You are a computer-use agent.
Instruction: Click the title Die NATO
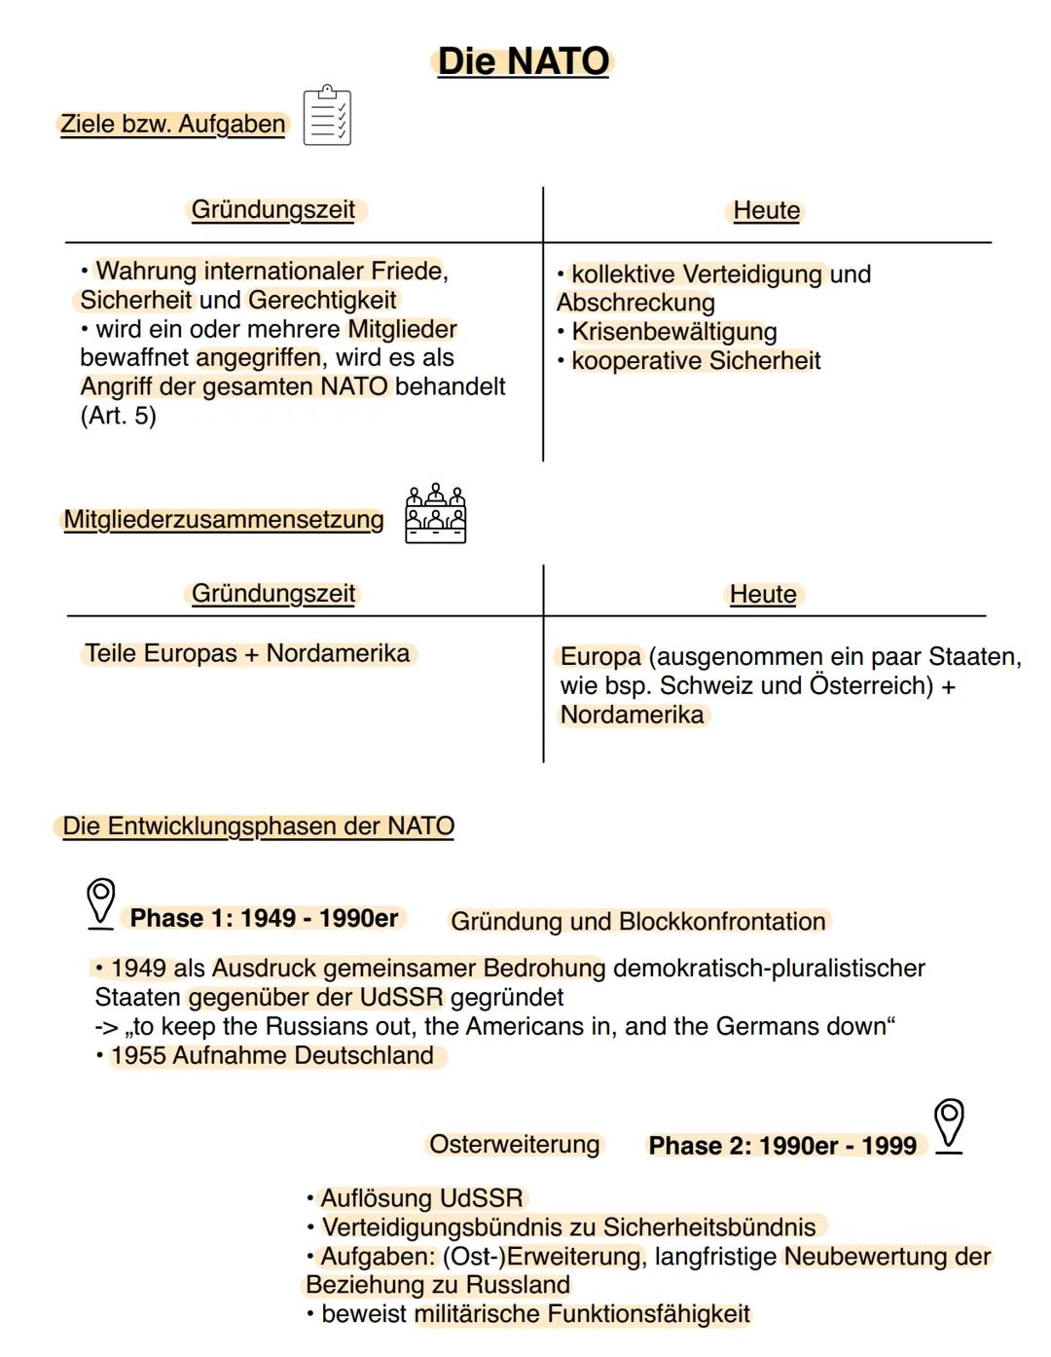pos(523,61)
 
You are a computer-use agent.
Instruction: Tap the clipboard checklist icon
pos(327,116)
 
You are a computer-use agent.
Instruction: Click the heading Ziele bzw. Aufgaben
pos(173,125)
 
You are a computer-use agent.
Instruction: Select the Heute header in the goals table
pos(766,210)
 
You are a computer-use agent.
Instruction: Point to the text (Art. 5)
pos(118,416)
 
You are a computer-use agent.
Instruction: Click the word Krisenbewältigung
pos(673,332)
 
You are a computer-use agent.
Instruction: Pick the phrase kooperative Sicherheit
pos(696,361)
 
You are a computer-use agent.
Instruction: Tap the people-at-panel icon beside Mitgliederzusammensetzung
pos(435,513)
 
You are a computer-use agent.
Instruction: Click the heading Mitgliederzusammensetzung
pos(224,520)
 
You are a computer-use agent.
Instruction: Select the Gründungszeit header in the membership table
pos(273,594)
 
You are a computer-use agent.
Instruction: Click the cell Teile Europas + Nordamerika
pos(247,653)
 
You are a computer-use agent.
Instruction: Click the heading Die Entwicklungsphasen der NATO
pos(258,826)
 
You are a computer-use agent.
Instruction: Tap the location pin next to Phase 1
pos(100,901)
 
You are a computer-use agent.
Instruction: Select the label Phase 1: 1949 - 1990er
pos(264,918)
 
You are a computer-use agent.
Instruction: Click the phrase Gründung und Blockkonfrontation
pos(637,921)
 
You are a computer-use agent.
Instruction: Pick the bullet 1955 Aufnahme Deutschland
pos(272,1055)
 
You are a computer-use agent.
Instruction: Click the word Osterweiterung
pos(514,1144)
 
